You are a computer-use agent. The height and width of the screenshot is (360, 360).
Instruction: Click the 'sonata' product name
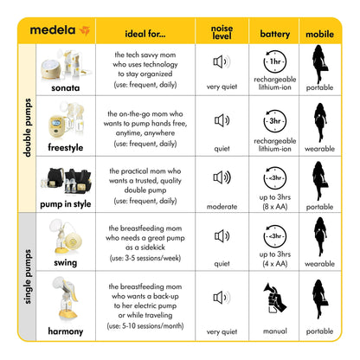pos(66,89)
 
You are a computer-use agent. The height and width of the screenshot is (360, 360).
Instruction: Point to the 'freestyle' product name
pos(66,147)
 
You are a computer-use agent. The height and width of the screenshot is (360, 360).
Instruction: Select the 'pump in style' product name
pos(66,205)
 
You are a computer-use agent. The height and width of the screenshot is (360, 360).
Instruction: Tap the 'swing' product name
pos(66,262)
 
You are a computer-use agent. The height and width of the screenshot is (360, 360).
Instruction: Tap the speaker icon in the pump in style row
pos(222,178)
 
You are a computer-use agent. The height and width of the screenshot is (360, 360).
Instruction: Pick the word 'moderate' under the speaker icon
pos(222,206)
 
